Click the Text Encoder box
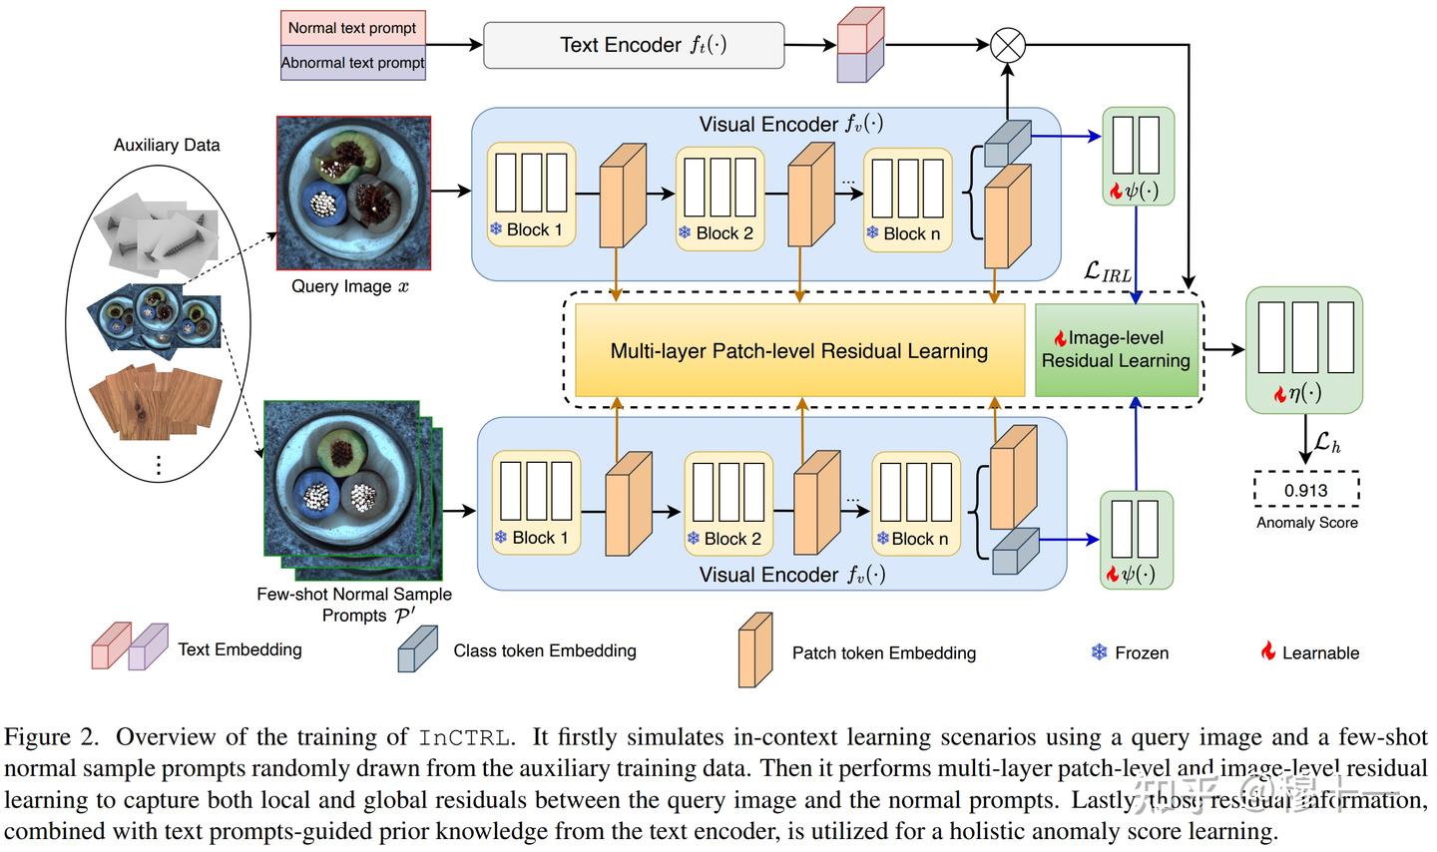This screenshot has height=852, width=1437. [x=634, y=46]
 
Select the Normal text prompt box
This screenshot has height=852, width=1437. [x=352, y=28]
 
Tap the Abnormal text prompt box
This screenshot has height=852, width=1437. [x=352, y=63]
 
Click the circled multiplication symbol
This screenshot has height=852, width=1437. [x=1008, y=44]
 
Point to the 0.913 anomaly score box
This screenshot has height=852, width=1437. [x=1306, y=490]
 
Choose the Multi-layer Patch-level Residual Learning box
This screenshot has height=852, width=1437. [x=799, y=351]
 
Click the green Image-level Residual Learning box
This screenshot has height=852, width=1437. [x=1116, y=350]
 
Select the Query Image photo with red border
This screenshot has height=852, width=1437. [x=353, y=193]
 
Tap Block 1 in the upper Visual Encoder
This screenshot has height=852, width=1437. [x=532, y=196]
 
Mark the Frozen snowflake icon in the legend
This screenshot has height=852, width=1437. [x=1099, y=652]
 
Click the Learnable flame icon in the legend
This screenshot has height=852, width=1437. [x=1267, y=651]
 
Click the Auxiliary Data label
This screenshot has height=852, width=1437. [x=167, y=145]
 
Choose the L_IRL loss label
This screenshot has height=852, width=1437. [x=1107, y=271]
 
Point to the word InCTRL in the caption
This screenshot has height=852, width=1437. [x=464, y=737]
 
